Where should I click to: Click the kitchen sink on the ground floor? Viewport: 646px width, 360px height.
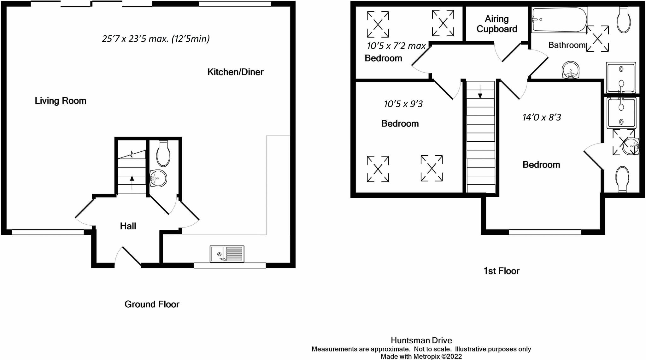(x=227, y=254)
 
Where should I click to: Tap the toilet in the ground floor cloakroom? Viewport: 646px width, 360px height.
(x=163, y=154)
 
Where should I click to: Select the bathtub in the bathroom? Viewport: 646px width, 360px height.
(x=559, y=20)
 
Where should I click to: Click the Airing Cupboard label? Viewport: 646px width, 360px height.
(x=497, y=24)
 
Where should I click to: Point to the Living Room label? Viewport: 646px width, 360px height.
(x=61, y=101)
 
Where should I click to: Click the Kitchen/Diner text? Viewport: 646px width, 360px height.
(x=235, y=72)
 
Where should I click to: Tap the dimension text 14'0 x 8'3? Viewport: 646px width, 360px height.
(x=542, y=117)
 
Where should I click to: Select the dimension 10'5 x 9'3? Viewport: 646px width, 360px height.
(x=403, y=104)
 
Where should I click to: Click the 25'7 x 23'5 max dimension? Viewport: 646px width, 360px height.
(x=156, y=38)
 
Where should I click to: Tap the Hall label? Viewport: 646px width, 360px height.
(x=128, y=226)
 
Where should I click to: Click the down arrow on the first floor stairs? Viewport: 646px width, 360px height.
(x=480, y=91)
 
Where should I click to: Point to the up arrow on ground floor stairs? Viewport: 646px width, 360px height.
(x=132, y=183)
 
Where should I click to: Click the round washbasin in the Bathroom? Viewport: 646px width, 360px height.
(x=571, y=70)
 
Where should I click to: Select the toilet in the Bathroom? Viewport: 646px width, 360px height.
(x=624, y=20)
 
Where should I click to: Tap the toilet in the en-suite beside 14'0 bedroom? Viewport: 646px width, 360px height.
(x=622, y=179)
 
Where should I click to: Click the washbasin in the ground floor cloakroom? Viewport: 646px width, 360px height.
(x=158, y=178)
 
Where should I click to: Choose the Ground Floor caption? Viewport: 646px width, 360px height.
(x=152, y=304)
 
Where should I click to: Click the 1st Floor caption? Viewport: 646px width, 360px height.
(x=501, y=271)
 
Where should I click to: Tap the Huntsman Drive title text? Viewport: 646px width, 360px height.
(x=421, y=340)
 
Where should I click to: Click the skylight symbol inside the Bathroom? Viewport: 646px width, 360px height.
(x=597, y=39)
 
